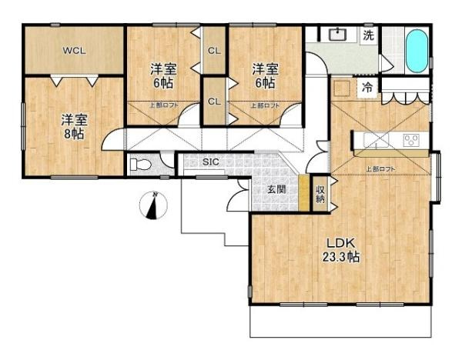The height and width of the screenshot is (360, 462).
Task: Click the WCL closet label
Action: tap(74, 51)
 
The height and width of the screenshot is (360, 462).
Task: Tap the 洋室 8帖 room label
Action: tap(74, 125)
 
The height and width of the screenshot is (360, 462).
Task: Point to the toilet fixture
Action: tap(141, 164)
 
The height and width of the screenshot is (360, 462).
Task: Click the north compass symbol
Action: tap(155, 206)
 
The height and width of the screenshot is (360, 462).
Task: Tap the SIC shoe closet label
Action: tap(211, 162)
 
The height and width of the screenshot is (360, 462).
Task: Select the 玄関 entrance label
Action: tap(277, 188)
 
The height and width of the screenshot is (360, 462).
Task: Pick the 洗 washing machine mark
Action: tap(369, 35)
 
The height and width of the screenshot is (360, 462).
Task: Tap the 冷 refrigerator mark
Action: tap(368, 88)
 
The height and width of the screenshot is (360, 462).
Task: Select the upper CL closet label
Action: tap(215, 51)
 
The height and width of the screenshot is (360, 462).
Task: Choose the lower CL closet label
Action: tap(215, 102)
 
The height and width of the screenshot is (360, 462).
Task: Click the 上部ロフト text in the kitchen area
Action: tap(380, 168)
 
